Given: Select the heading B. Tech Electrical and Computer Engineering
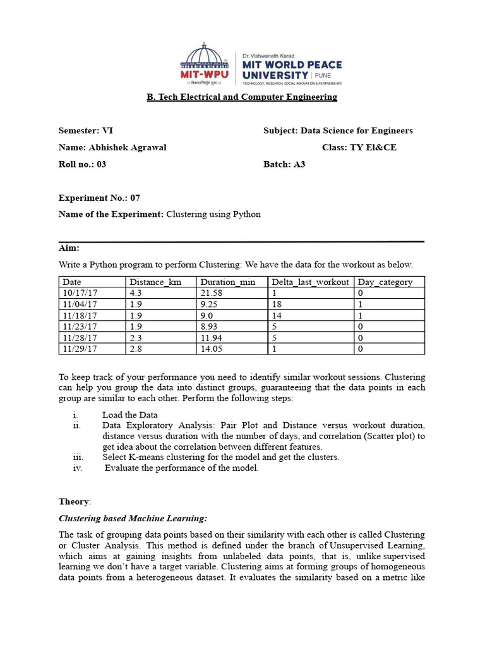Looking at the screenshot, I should point(242,97).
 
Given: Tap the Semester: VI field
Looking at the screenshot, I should point(86,131).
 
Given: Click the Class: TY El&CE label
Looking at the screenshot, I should point(359,147).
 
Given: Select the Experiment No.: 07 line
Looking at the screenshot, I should point(99,198).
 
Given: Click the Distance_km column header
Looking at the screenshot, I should point(155,282).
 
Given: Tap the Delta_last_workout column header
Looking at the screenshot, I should point(310,282).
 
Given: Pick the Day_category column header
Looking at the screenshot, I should point(385,282).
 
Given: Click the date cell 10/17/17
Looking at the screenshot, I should point(80,293).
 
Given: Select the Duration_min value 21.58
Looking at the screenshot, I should point(212,293).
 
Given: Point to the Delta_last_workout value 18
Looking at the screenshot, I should point(277,304).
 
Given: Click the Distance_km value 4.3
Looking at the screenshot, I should point(136,293).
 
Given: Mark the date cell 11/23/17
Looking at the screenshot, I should point(80,326).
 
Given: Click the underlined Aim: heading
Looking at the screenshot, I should point(69,248).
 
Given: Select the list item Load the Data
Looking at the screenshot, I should point(129,415).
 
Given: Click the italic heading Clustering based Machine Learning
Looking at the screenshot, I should point(133,519).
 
